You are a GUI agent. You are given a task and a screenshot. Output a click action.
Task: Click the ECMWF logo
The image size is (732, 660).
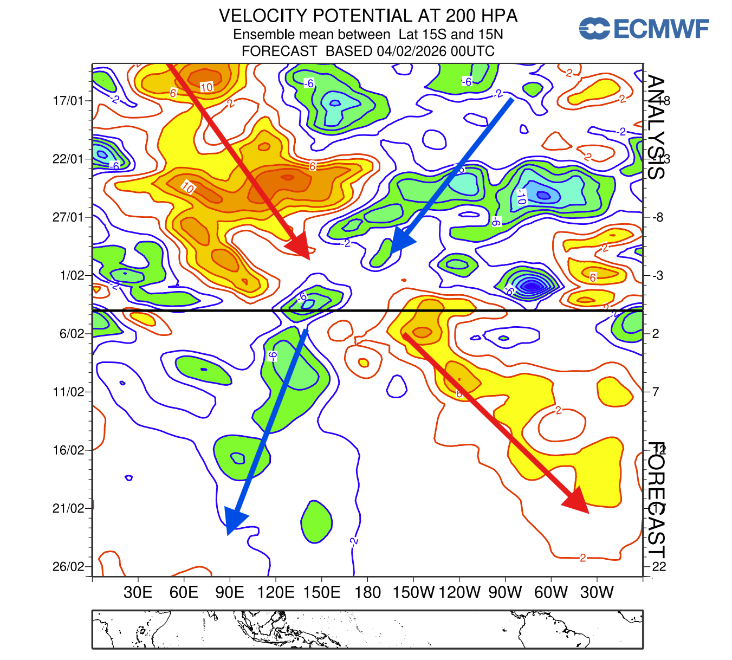(x=643, y=28)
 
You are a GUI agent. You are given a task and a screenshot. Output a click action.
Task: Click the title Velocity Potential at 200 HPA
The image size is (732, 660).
(x=368, y=16)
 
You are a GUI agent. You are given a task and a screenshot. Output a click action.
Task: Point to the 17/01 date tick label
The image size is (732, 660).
(x=68, y=101)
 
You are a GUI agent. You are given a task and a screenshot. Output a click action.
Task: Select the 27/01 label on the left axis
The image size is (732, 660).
(x=68, y=217)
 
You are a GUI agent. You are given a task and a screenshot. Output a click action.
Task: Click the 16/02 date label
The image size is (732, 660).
(x=68, y=450)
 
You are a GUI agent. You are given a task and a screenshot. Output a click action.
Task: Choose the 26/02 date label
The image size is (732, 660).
(x=68, y=567)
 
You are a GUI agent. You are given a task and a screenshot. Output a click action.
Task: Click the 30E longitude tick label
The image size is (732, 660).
(x=138, y=592)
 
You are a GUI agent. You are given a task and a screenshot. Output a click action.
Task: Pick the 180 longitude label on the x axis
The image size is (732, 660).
(x=367, y=592)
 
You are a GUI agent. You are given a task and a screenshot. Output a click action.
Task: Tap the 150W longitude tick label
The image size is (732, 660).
(x=413, y=592)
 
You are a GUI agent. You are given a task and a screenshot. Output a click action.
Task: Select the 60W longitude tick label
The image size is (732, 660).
(x=551, y=592)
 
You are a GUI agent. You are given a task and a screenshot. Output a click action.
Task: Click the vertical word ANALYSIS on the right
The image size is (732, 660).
(x=656, y=127)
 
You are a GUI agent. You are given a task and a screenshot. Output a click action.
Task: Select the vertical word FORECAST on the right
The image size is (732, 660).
(x=656, y=500)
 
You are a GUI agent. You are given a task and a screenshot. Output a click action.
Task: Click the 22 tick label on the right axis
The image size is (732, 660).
(x=659, y=567)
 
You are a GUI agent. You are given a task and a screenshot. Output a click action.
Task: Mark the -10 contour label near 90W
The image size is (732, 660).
(x=521, y=196)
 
